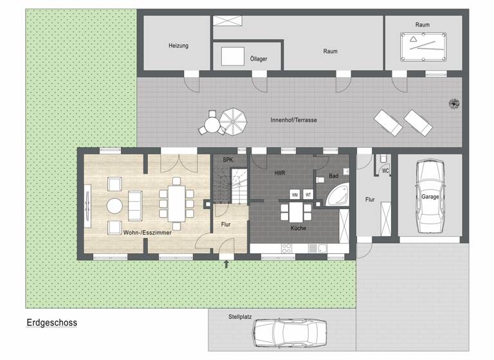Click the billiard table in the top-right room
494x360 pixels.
423,44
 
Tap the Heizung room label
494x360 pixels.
178,46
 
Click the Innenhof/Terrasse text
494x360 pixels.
293,120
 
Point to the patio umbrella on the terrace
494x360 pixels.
233,120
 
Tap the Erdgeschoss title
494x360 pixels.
51,323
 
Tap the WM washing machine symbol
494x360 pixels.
294,194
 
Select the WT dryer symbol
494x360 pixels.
308,194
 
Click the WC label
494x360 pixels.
386,171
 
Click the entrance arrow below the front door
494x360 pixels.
226,264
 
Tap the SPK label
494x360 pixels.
228,159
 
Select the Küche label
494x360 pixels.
298,228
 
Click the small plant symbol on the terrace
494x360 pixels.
453,103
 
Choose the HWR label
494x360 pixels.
280,174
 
